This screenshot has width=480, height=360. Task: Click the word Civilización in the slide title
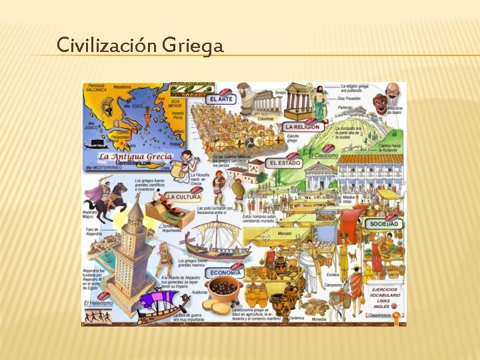[x=96, y=45]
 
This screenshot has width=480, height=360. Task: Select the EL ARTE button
[x=222, y=99]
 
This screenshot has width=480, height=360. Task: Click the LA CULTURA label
[x=183, y=197]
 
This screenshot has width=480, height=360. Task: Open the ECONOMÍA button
[x=225, y=273]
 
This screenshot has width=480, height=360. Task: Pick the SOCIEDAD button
[x=384, y=224]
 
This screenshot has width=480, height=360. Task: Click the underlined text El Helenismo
[x=98, y=303]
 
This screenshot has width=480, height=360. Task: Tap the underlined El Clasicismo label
[x=323, y=155]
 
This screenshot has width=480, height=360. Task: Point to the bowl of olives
[x=224, y=289]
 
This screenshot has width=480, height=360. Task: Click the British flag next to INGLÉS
[x=394, y=306]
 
